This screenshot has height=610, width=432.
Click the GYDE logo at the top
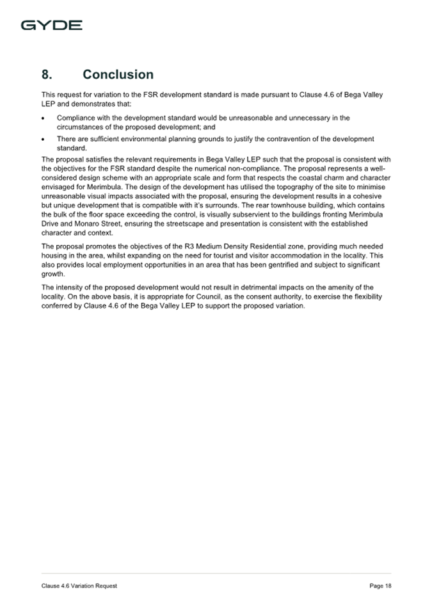click(51, 26)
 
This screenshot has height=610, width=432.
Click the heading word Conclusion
click(118, 75)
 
